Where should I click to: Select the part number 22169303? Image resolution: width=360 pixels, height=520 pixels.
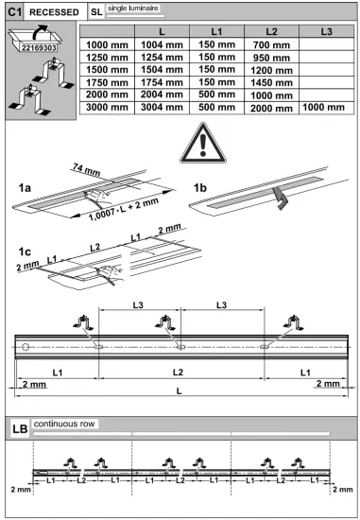pyautogui.click(x=40, y=47)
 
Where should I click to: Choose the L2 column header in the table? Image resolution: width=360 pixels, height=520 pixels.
pyautogui.click(x=271, y=31)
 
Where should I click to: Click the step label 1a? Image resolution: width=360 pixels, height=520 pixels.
pyautogui.click(x=26, y=188)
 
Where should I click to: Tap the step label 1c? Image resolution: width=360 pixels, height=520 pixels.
pyautogui.click(x=26, y=251)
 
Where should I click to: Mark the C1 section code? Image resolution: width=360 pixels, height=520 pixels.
pyautogui.click(x=15, y=11)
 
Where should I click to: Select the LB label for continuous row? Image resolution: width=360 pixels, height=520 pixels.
pyautogui.click(x=17, y=428)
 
